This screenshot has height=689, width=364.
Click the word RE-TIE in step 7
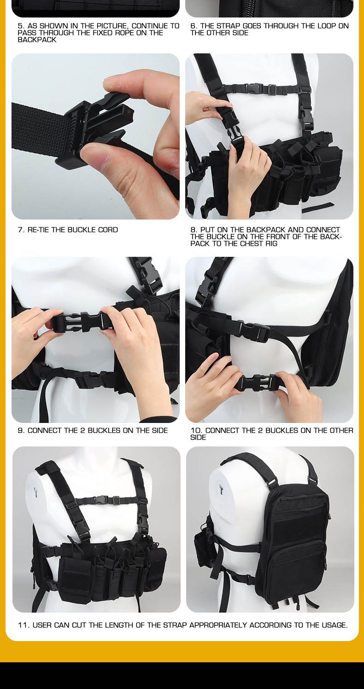click(x=38, y=230)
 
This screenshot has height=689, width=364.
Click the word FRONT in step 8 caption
click(x=280, y=237)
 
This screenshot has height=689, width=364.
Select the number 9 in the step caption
click(x=21, y=431)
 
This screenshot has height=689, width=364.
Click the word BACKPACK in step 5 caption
click(x=37, y=40)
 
